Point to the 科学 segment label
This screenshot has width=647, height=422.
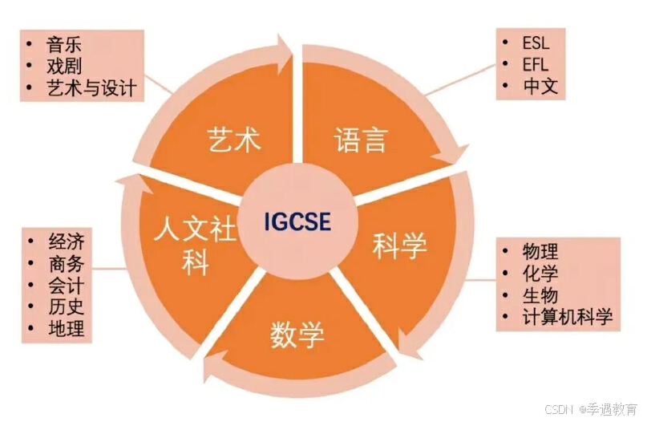pos(400,245)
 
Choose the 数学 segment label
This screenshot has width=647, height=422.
pos(297,333)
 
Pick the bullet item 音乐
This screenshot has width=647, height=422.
pos(64,43)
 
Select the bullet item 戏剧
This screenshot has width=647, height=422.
pos(64,65)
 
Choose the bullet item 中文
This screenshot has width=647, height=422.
pos(540,86)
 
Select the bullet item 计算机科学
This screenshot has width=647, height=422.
pos(567,316)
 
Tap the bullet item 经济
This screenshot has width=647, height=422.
pos(66,242)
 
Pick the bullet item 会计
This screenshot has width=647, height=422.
pos(66,286)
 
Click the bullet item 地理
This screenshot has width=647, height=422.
pos(66,329)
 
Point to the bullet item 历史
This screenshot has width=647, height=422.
pos(66,307)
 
